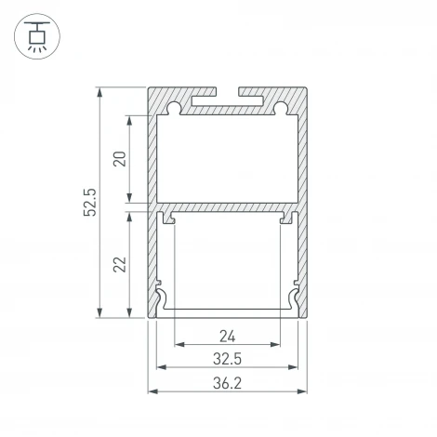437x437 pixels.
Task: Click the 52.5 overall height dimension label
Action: point(89,203)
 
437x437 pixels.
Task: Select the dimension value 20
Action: point(118,159)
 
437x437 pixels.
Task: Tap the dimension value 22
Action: point(118,265)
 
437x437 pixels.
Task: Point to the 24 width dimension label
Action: point(228,336)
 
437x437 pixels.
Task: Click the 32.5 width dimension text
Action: point(228,359)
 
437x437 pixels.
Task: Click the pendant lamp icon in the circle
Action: point(35,35)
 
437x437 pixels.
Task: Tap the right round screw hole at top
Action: point(282,109)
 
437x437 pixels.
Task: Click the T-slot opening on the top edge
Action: point(228,94)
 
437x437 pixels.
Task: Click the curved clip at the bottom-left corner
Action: point(164,300)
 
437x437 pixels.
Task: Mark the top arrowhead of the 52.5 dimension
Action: point(100,91)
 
